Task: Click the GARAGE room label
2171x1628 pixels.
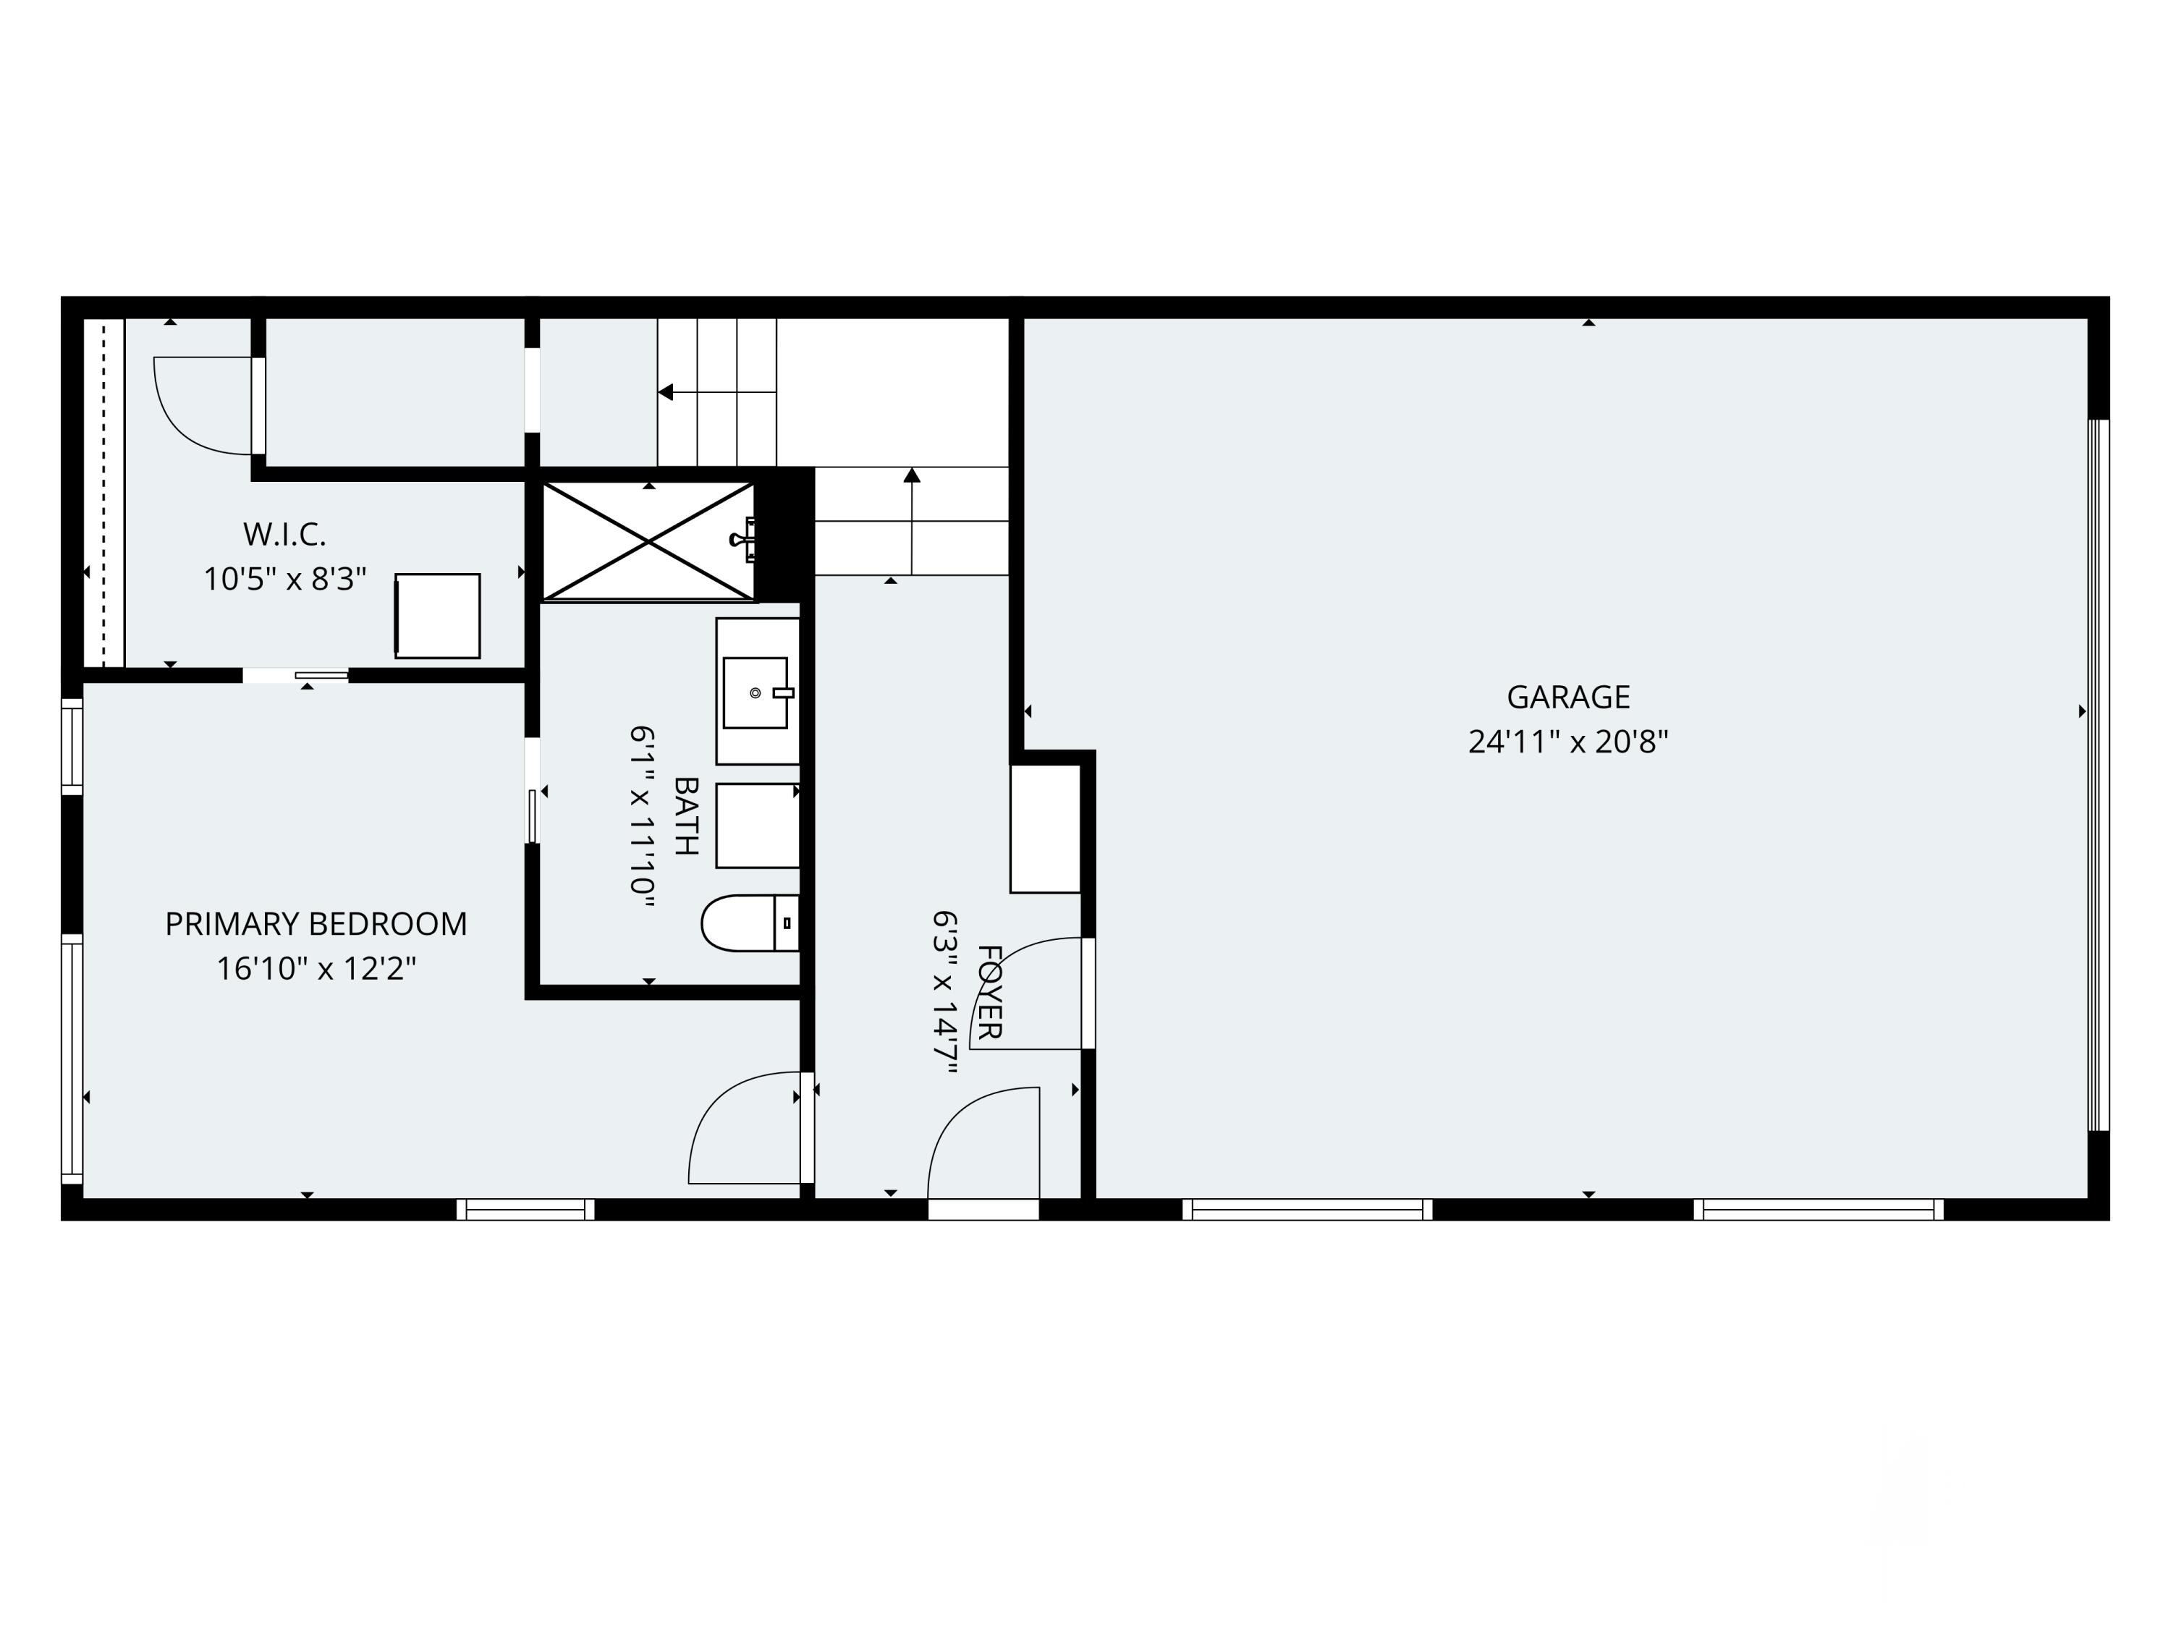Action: click(x=1567, y=697)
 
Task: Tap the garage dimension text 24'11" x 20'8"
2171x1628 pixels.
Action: click(x=1567, y=742)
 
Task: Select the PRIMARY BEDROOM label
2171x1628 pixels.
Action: click(x=316, y=923)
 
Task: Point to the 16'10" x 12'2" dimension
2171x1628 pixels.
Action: click(x=316, y=970)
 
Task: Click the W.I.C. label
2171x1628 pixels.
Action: click(x=284, y=535)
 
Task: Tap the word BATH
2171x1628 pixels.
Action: click(x=686, y=816)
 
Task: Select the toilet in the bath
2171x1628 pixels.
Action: click(x=750, y=923)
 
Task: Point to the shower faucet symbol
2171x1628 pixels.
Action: click(x=743, y=539)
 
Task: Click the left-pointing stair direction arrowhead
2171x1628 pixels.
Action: click(x=666, y=392)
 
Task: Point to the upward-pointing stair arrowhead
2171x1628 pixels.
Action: click(x=912, y=476)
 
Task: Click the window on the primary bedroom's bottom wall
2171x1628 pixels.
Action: click(x=526, y=1209)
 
